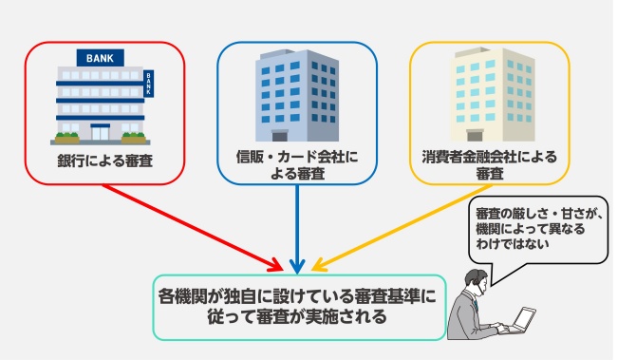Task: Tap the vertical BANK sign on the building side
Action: click(x=148, y=85)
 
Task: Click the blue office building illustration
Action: click(x=297, y=95)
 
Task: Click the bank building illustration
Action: click(x=100, y=100)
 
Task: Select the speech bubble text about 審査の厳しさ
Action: click(x=536, y=229)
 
